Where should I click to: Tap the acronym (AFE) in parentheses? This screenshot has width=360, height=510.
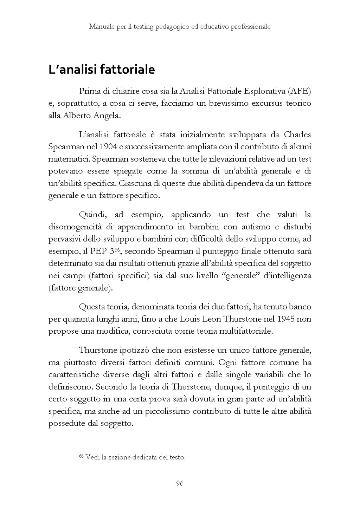(299, 92)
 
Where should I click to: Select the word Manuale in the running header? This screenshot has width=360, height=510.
(100, 26)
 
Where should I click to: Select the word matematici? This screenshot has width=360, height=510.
(67, 159)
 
